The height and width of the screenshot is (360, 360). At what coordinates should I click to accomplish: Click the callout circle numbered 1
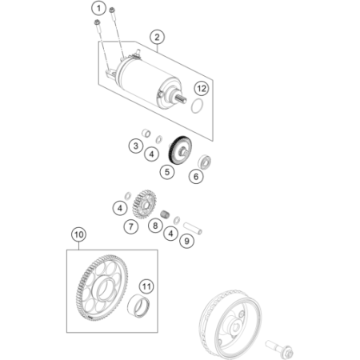(x=98, y=8)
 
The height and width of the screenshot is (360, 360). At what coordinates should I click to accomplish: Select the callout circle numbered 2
(x=157, y=37)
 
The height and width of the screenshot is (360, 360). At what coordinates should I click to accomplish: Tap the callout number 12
(x=202, y=88)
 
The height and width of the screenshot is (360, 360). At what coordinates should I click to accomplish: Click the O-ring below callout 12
(x=198, y=106)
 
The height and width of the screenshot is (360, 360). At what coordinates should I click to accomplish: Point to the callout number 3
(x=136, y=146)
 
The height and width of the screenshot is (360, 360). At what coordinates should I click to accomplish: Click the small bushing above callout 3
(x=146, y=133)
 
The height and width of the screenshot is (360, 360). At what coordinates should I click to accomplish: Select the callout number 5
(x=167, y=172)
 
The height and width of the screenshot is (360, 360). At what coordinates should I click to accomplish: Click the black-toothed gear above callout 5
(x=180, y=150)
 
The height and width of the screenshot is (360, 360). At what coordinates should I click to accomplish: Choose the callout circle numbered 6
(x=196, y=176)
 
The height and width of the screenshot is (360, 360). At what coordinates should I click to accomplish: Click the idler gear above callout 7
(x=144, y=204)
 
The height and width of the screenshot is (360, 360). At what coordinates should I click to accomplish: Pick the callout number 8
(x=155, y=226)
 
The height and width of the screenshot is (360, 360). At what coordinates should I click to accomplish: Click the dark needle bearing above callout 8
(x=166, y=214)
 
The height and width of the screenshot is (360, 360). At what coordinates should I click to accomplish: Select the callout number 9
(x=186, y=241)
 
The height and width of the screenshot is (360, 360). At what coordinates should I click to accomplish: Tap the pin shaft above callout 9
(x=193, y=229)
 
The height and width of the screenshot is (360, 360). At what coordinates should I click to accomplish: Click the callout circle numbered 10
(x=79, y=234)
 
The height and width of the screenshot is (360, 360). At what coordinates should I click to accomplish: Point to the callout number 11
(x=146, y=286)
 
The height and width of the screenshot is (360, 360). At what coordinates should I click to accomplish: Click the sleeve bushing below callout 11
(x=138, y=306)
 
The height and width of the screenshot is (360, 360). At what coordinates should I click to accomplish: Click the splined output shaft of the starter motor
(x=182, y=99)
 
